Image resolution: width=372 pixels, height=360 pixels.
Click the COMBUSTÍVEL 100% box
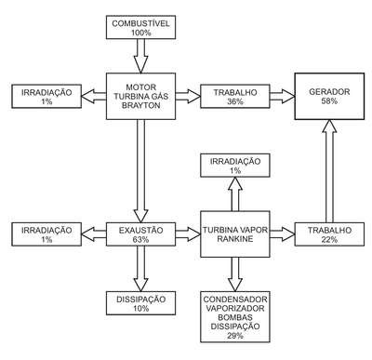pos(140,27)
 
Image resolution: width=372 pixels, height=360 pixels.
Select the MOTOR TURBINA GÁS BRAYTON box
pos(140,97)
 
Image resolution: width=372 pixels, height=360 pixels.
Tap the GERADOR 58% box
pos(329,97)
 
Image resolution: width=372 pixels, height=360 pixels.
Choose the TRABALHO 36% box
pos(235,97)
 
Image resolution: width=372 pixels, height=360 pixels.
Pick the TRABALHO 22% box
pos(329,234)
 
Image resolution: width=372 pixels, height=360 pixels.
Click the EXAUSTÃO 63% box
pos(140,234)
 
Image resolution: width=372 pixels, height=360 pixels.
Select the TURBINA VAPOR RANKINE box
pos(235,234)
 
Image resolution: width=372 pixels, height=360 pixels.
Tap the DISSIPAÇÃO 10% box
pos(140,303)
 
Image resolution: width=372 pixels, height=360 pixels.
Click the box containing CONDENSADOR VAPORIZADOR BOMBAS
pos(235,317)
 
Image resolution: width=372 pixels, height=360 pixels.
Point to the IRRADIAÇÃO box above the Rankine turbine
pos(235,166)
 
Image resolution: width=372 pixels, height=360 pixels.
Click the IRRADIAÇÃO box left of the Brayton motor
pos(46,97)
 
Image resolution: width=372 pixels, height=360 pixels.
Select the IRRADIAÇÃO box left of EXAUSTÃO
pos(46,234)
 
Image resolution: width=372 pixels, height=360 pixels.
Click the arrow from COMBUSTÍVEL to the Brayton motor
pos(140,56)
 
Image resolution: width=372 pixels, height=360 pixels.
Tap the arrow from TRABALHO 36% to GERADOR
pos(282,96)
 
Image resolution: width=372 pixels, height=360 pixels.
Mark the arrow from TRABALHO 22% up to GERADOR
pos(329,171)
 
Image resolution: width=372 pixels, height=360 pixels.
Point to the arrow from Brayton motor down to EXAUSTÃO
pos(140,171)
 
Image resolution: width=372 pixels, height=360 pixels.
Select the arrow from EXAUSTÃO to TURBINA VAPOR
pos(188,234)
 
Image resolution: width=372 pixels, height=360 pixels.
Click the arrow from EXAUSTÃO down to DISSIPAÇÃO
pos(140,269)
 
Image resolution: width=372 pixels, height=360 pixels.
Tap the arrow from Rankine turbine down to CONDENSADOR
pos(235,274)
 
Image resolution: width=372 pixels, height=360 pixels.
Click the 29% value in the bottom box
pos(235,336)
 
